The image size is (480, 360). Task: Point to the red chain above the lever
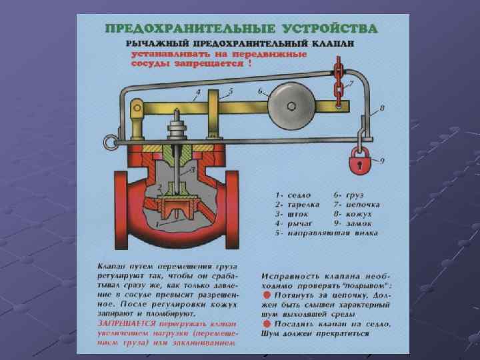(339, 83)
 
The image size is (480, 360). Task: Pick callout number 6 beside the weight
(260, 91)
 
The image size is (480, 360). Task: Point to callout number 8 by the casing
(382, 107)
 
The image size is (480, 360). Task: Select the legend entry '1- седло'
(292, 193)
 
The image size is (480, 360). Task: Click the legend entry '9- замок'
(357, 223)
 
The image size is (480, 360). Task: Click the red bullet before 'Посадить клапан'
(265, 324)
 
